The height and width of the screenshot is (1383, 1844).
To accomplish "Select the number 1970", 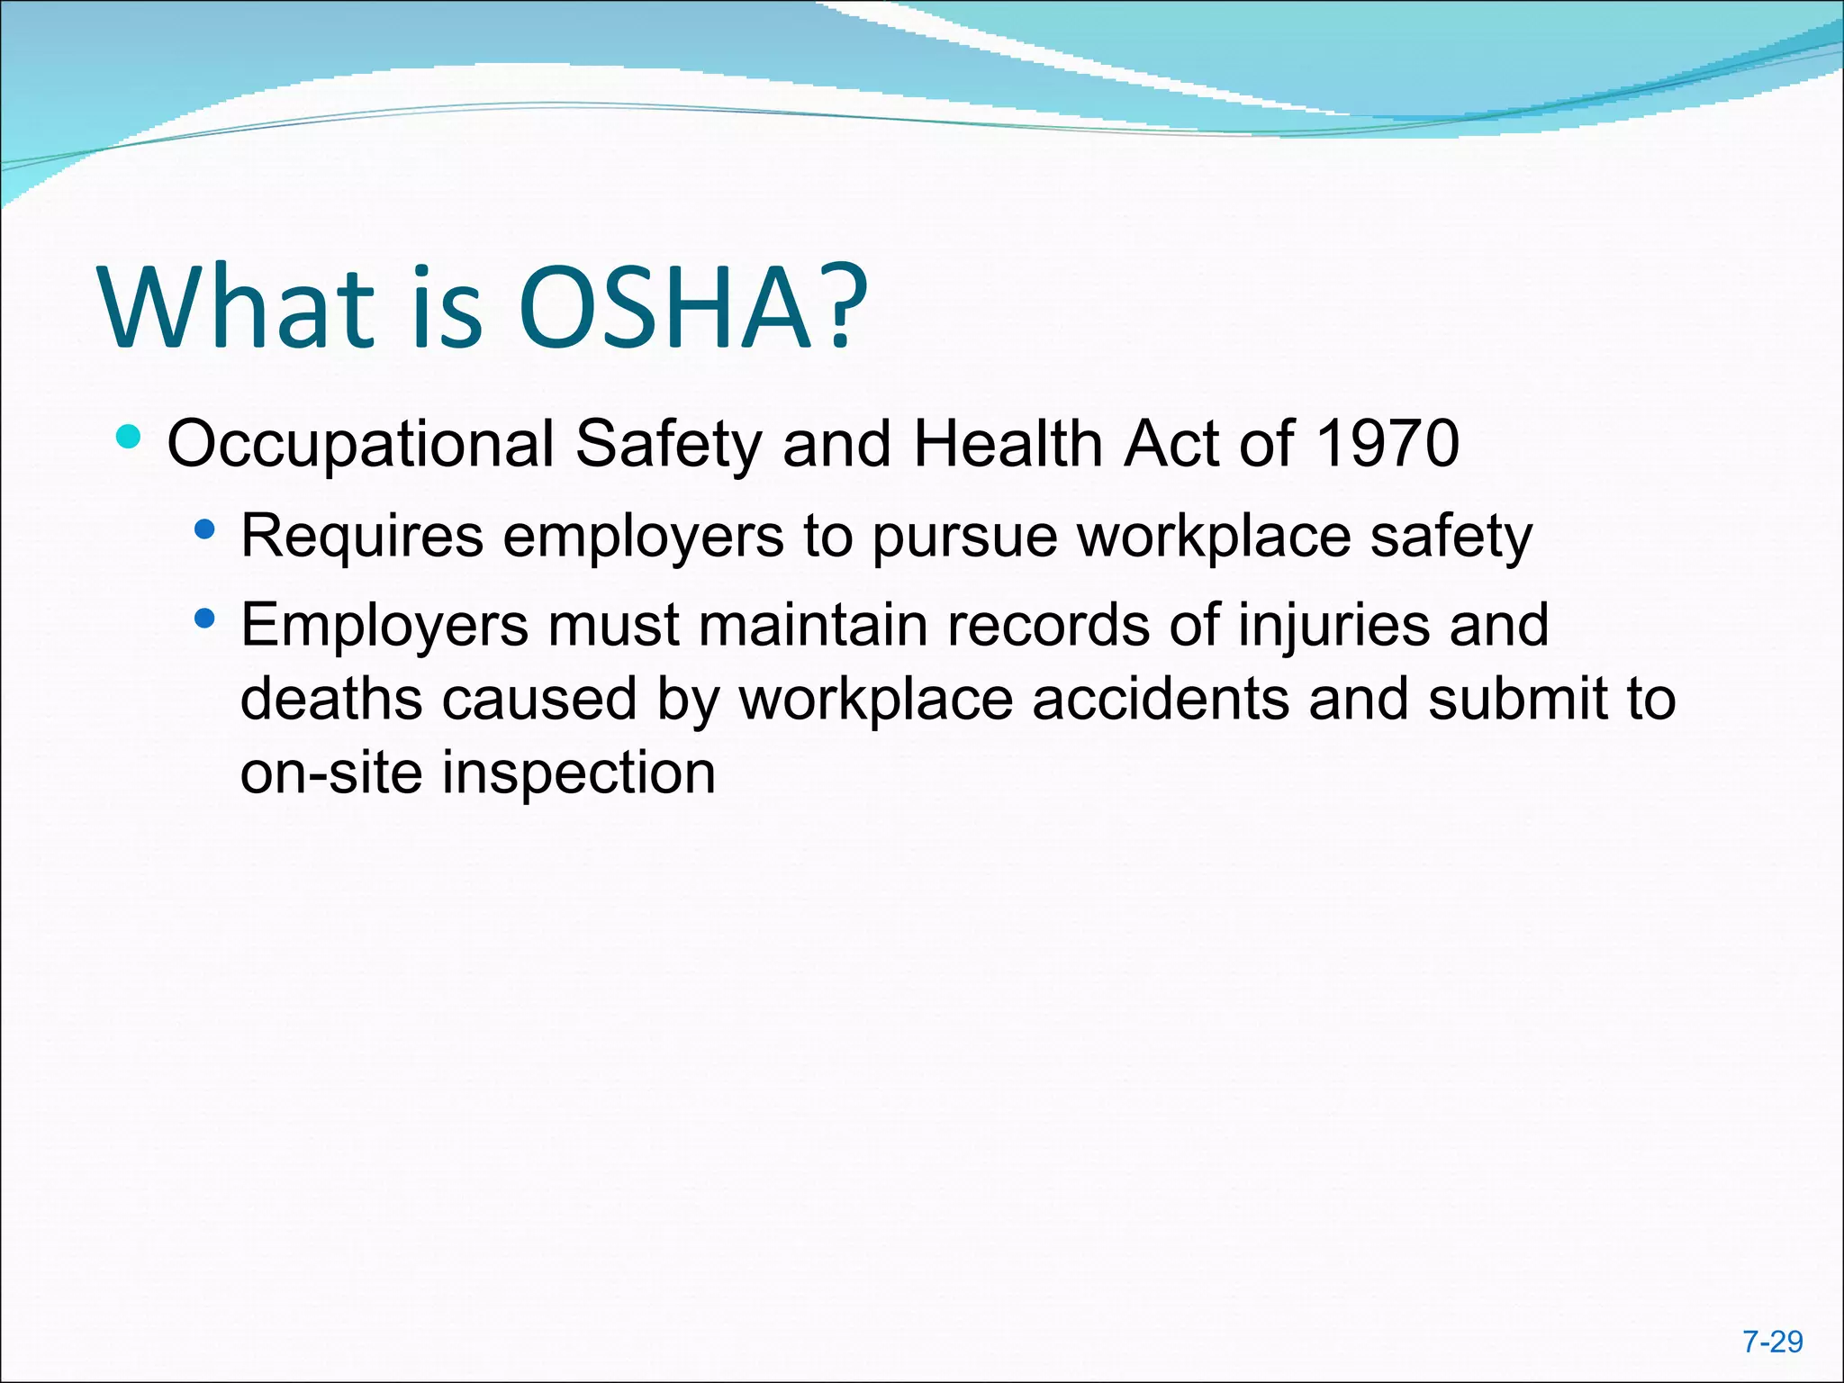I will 1387,443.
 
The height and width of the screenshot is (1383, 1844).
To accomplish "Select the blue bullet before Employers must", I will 205,619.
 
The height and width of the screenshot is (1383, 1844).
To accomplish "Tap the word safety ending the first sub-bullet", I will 1451,538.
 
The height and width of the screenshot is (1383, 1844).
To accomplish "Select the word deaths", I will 330,699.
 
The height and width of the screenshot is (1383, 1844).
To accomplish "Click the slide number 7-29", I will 1772,1342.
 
